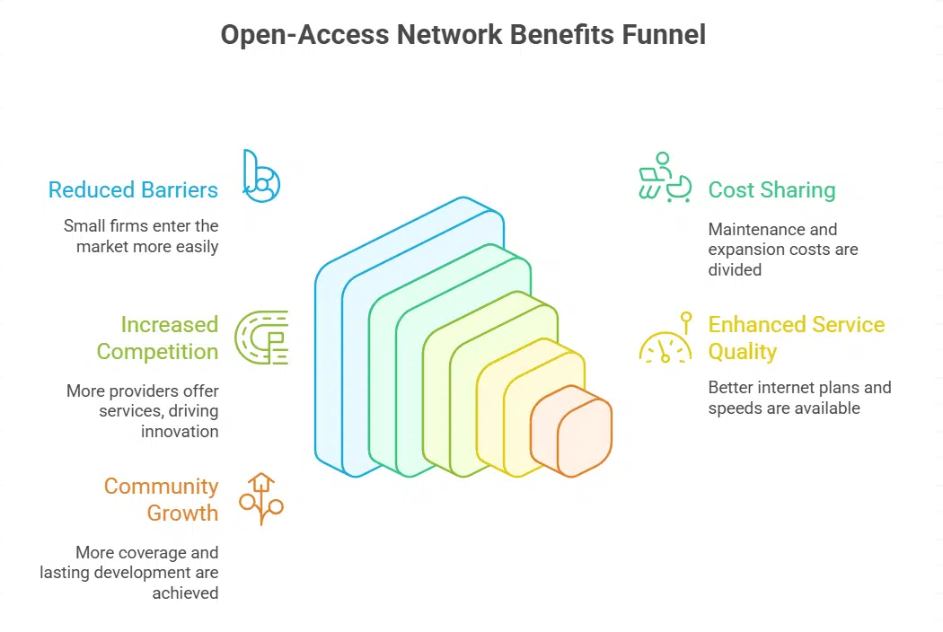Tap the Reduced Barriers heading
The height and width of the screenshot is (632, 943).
[x=133, y=190]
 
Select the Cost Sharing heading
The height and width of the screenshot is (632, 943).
[x=771, y=190]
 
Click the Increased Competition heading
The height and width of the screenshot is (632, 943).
[x=157, y=338]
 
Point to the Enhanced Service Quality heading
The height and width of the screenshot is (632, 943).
[x=796, y=338]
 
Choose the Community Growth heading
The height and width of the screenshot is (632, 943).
[x=161, y=499]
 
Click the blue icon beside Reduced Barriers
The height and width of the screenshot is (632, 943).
[x=260, y=175]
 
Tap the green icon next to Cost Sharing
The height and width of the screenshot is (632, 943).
[x=665, y=176]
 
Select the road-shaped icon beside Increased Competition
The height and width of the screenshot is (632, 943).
[x=261, y=338]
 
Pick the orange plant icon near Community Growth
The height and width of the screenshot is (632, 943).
[x=260, y=498]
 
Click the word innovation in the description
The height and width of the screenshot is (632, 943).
[x=180, y=431]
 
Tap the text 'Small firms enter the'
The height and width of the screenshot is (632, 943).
[x=141, y=225]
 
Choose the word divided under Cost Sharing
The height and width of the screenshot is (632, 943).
[x=735, y=269]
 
